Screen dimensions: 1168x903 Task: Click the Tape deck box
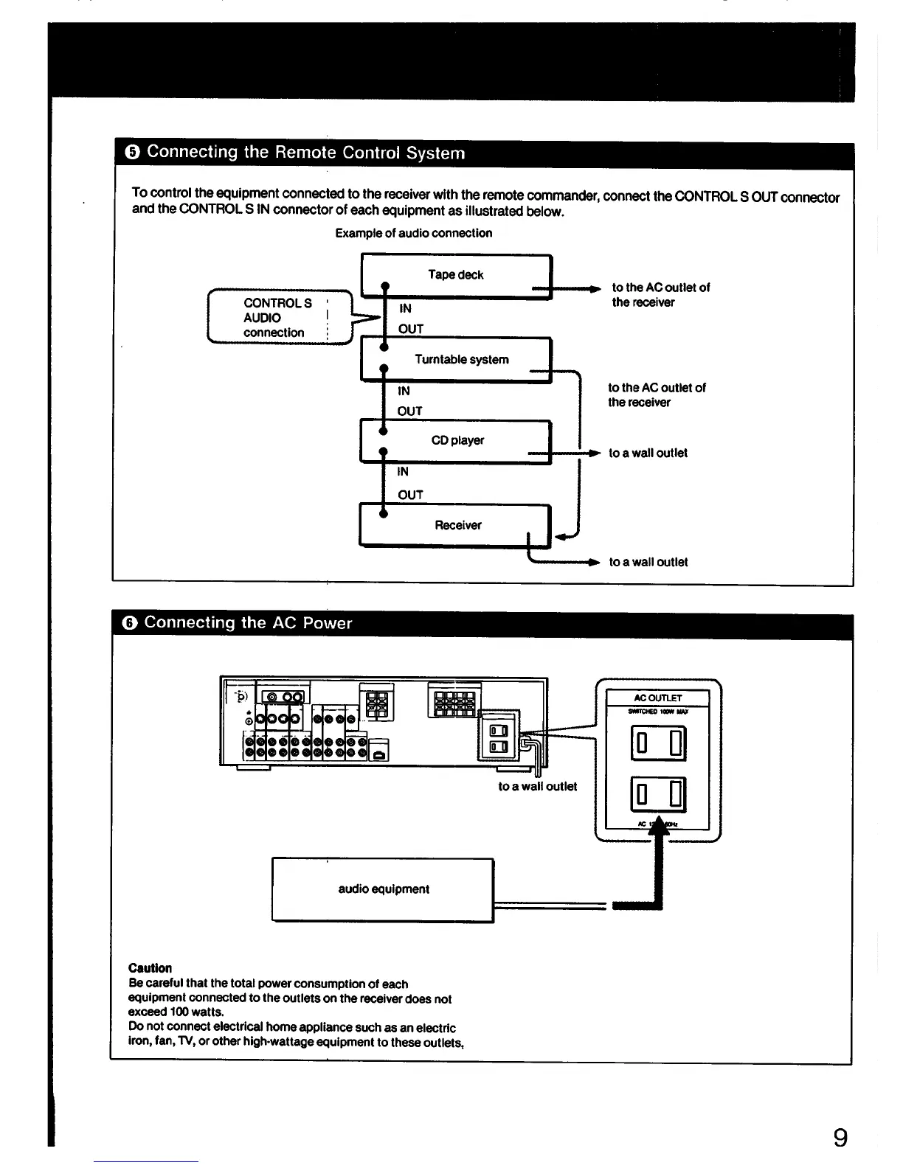pyautogui.click(x=456, y=275)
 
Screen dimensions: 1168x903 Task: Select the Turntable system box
pyautogui.click(x=461, y=359)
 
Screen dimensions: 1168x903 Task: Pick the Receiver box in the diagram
pyautogui.click(x=457, y=525)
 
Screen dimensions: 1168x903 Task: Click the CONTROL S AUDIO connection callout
pyautogui.click(x=277, y=318)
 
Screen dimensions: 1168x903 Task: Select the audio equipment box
pyautogui.click(x=383, y=889)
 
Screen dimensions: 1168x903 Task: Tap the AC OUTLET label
pyautogui.click(x=658, y=698)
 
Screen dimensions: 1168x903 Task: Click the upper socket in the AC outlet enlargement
pyautogui.click(x=658, y=743)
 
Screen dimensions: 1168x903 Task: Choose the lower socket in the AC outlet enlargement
pyautogui.click(x=658, y=795)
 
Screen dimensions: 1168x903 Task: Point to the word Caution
pyautogui.click(x=150, y=968)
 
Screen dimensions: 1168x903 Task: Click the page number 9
pyautogui.click(x=840, y=1139)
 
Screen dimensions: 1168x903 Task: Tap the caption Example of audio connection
pyautogui.click(x=414, y=233)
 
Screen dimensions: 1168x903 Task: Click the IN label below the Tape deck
pyautogui.click(x=405, y=308)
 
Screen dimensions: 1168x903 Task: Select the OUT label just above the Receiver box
pyautogui.click(x=410, y=495)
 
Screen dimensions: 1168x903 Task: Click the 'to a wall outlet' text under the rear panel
pyautogui.click(x=537, y=786)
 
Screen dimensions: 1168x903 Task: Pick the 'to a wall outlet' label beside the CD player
pyautogui.click(x=648, y=453)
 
